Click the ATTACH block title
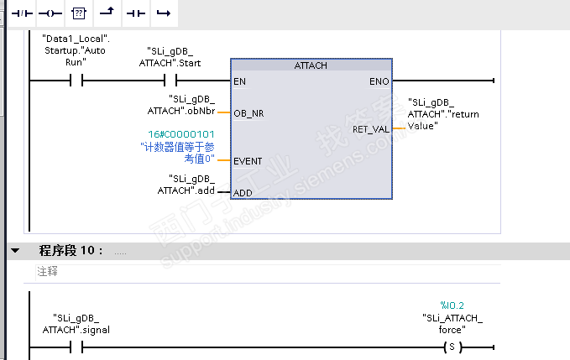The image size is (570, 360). point(311,65)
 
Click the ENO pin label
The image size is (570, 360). point(379,81)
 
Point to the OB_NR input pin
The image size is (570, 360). point(249,113)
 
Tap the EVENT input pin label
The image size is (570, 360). point(248,161)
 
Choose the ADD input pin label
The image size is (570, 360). point(243,193)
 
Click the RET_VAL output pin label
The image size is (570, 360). point(370,129)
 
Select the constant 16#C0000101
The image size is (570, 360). point(181,133)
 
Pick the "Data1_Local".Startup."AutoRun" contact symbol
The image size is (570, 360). point(76,81)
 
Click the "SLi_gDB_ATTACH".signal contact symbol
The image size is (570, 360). point(76,347)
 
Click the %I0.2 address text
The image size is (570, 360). point(452,305)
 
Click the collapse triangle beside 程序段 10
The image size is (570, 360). point(14,251)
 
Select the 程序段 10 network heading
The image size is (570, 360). point(71,251)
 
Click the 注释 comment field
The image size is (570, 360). point(48,272)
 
